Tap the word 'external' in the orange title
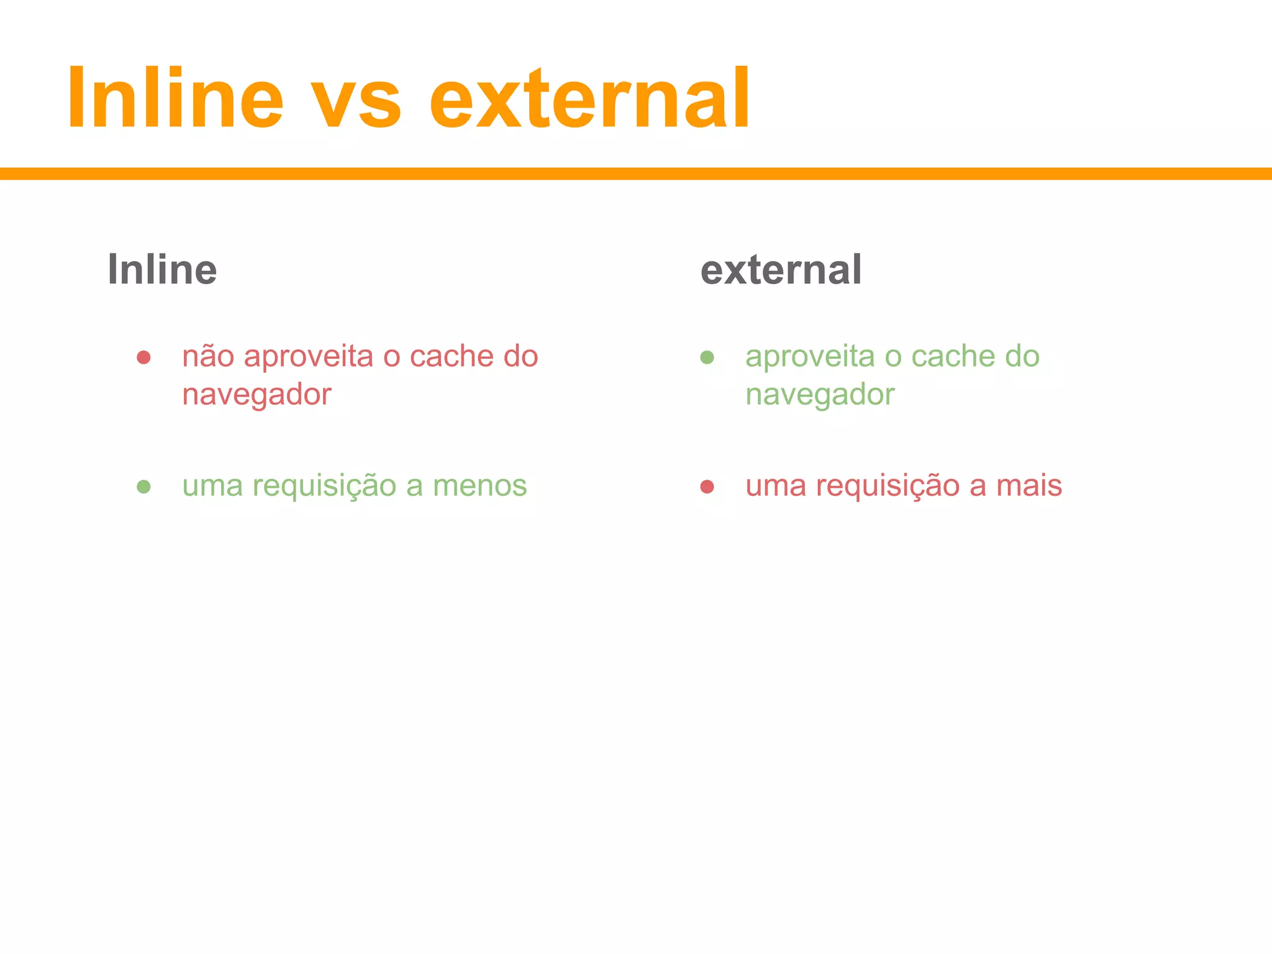pyautogui.click(x=589, y=99)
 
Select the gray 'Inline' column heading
pyautogui.click(x=162, y=270)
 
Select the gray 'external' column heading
pyautogui.click(x=781, y=270)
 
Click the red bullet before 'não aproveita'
pyautogui.click(x=143, y=357)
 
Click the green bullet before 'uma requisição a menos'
pyautogui.click(x=143, y=486)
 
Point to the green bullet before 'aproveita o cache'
pyautogui.click(x=707, y=357)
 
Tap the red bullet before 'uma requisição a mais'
pyautogui.click(x=707, y=486)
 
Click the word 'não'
pyautogui.click(x=207, y=357)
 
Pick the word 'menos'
pyautogui.click(x=479, y=486)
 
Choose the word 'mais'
pyautogui.click(x=1029, y=486)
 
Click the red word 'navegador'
pyautogui.click(x=257, y=395)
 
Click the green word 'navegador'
pyautogui.click(x=820, y=395)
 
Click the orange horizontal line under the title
pyautogui.click(x=636, y=174)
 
